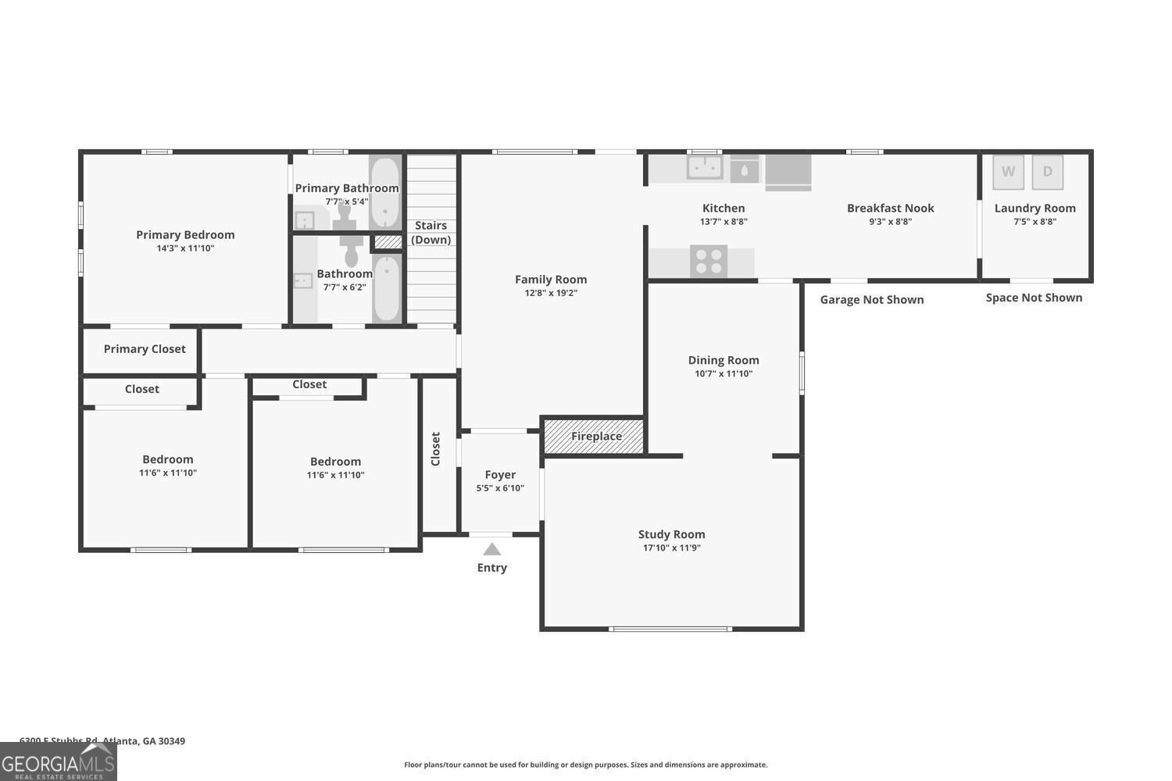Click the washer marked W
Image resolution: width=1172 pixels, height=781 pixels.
point(1008,172)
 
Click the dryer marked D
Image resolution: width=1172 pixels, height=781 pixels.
point(1048,172)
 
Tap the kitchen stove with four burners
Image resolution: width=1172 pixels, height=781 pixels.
point(709,261)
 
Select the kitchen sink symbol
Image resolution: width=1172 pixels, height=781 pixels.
point(704,167)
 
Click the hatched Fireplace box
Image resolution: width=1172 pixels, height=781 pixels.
point(594,436)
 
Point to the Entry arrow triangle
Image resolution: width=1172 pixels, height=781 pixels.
point(491,549)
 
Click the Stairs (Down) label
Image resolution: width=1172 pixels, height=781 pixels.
point(431,233)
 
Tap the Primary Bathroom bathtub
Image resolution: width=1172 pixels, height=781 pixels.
point(384,193)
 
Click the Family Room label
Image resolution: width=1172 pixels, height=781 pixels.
point(551,280)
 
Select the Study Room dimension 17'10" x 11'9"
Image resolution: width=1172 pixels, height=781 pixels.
point(671,548)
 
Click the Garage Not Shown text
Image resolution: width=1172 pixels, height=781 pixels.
point(872,300)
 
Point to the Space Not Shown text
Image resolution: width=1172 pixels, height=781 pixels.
point(1034,298)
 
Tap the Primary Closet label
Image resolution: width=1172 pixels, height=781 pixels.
point(145,349)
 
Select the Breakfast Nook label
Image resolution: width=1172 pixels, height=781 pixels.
point(891,209)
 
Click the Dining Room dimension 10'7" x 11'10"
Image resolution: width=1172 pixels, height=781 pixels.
point(724,374)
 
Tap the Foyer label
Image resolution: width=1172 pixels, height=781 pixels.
point(500,475)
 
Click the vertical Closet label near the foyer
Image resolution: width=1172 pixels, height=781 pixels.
point(436,449)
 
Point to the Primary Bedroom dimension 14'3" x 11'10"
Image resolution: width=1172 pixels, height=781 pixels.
point(185,249)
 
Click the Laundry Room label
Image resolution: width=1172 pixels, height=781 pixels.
point(1034,209)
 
